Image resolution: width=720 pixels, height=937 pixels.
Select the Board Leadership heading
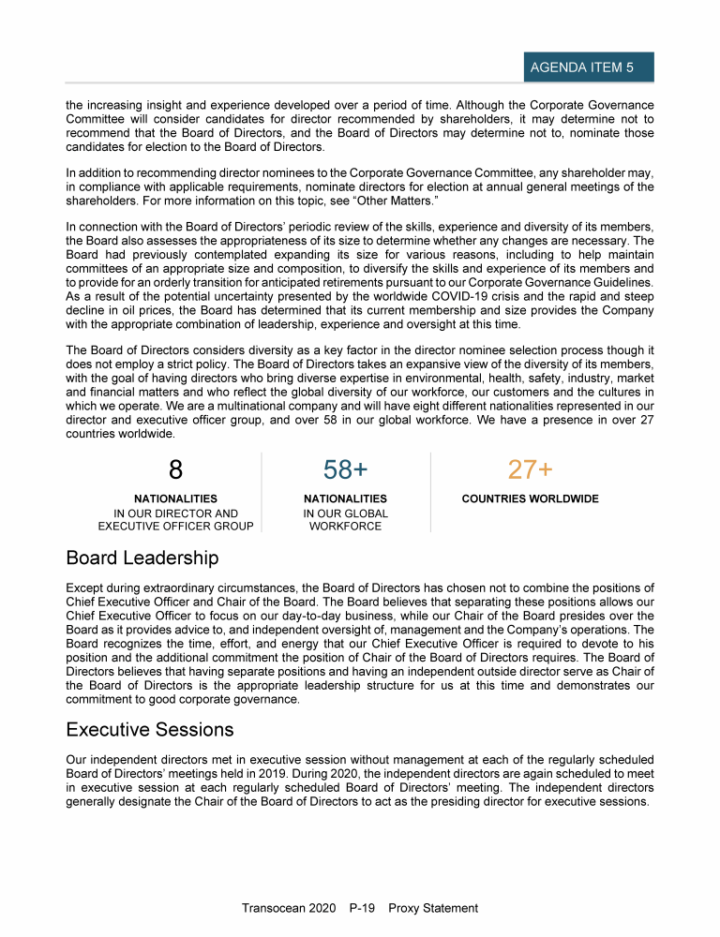(x=142, y=558)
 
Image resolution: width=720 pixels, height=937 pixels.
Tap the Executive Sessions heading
(x=150, y=729)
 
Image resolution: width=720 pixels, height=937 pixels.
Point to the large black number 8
(x=175, y=469)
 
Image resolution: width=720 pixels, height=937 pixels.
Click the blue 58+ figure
(x=345, y=469)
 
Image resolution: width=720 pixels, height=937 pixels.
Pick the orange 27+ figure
(x=530, y=469)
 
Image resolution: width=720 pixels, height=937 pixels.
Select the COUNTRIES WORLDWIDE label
(x=530, y=499)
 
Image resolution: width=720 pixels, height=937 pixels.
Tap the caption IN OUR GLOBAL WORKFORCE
(x=345, y=520)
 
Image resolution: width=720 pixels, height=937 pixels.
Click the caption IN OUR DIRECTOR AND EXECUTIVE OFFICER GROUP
(x=175, y=520)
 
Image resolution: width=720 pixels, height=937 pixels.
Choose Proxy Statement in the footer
(x=433, y=908)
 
